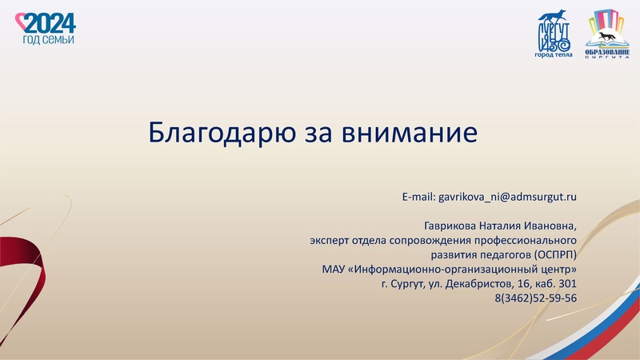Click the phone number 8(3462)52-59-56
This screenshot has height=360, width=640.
(535, 298)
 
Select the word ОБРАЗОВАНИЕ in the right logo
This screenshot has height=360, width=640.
(608, 51)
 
